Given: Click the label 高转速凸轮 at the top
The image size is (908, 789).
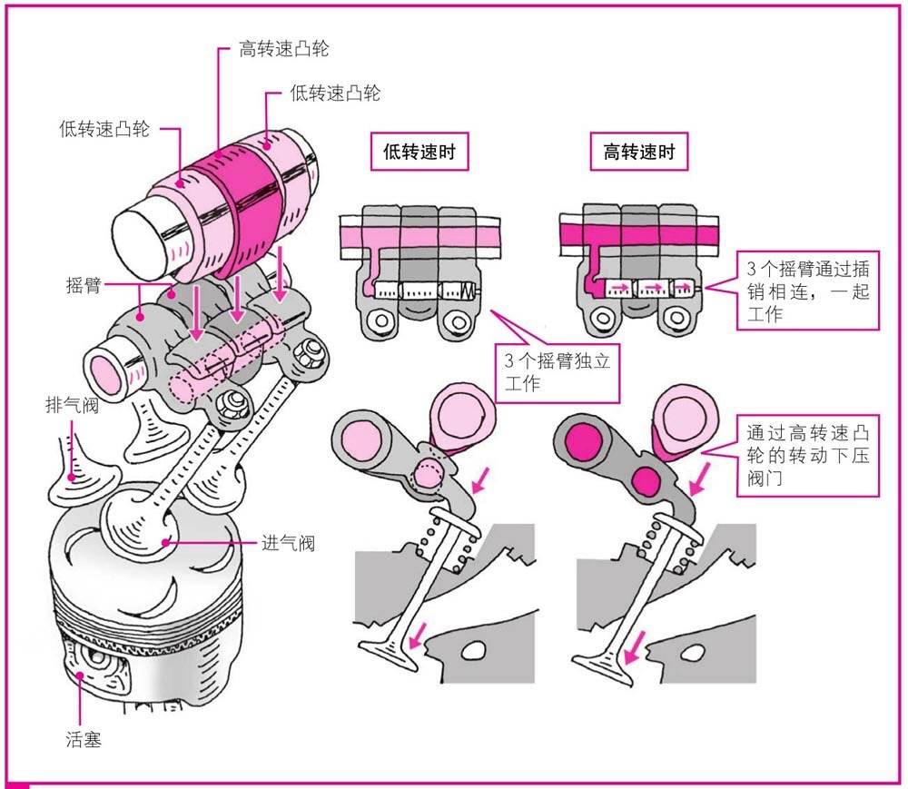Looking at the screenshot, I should click(284, 48).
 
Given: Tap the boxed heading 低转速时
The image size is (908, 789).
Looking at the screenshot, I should click(419, 153).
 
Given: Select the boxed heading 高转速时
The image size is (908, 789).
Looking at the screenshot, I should click(639, 153).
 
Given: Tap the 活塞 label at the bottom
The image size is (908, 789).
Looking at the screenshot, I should click(84, 739).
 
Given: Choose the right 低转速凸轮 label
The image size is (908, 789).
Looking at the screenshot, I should click(335, 93).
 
